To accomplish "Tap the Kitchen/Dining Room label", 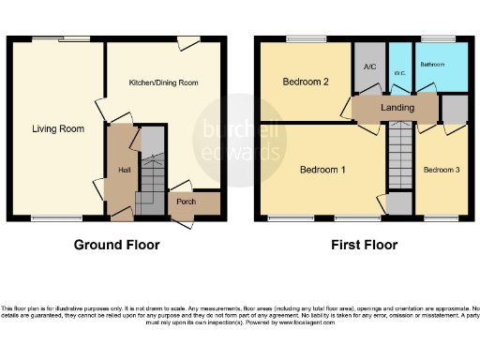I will tap(164, 83).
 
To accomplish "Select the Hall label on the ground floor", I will tap(124, 170).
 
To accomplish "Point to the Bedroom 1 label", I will tap(322, 171).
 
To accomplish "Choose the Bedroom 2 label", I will tap(305, 82).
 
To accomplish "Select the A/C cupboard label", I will tap(369, 67).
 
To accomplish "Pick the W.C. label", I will tap(399, 71).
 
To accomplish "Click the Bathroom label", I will tap(432, 65).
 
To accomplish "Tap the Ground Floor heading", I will tap(116, 246).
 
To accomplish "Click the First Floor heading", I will tap(364, 246).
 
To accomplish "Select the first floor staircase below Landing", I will tap(399, 155).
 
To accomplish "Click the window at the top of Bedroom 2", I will tap(301, 38).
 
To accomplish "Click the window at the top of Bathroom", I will tap(434, 38).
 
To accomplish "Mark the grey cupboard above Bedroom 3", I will tap(455, 110).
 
